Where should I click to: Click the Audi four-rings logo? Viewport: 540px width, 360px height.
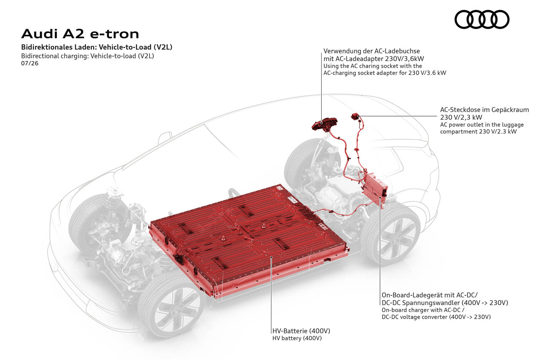pyautogui.click(x=482, y=19)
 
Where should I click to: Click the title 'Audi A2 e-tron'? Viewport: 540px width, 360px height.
pyautogui.click(x=80, y=34)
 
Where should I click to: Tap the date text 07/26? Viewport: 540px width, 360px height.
pyautogui.click(x=30, y=63)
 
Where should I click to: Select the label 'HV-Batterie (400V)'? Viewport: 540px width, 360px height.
pyautogui.click(x=301, y=330)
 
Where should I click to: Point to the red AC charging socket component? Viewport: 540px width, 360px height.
pyautogui.click(x=324, y=124)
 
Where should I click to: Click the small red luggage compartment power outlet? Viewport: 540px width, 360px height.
pyautogui.click(x=355, y=116)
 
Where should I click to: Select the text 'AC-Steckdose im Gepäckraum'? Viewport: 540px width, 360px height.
pyautogui.click(x=485, y=110)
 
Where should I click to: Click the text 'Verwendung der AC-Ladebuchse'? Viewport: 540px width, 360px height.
pyautogui.click(x=372, y=51)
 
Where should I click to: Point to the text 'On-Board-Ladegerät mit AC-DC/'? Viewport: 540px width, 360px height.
pyautogui.click(x=429, y=295)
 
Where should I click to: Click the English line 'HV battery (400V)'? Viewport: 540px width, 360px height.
pyautogui.click(x=297, y=338)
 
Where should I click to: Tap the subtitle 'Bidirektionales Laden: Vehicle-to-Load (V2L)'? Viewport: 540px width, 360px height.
pyautogui.click(x=97, y=47)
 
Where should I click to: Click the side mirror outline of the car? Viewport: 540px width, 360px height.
pyautogui.click(x=165, y=138)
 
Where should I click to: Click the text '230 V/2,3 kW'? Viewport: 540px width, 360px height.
pyautogui.click(x=461, y=117)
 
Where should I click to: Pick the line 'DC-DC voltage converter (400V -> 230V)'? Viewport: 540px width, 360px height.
pyautogui.click(x=436, y=317)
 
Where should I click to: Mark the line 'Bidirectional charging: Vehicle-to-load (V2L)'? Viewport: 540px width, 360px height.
pyautogui.click(x=87, y=56)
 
